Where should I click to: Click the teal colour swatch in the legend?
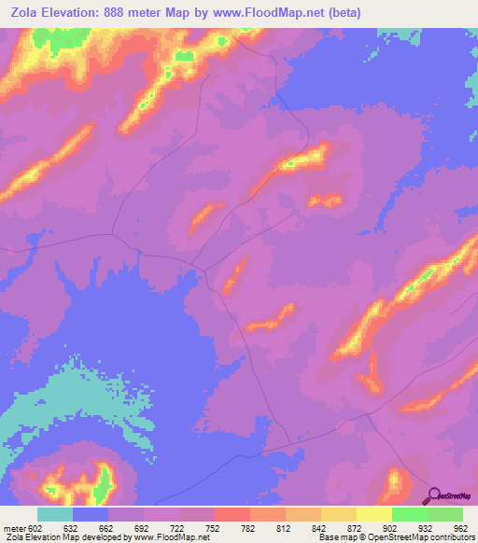coord(55,514)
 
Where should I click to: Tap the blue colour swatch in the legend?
coord(91,514)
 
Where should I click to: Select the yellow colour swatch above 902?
coord(373,514)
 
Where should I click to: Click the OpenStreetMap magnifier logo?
coord(432,494)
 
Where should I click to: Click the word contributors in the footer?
coord(451,537)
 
